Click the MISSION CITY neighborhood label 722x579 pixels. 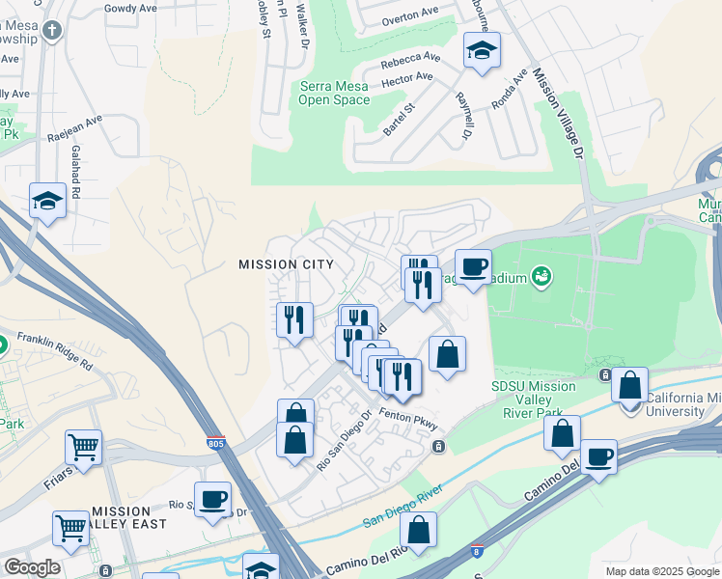[x=286, y=264]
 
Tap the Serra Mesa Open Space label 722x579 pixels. [x=334, y=93]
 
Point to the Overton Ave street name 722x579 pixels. [x=409, y=15]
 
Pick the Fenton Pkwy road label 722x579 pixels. [x=408, y=418]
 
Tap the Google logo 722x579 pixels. [x=32, y=567]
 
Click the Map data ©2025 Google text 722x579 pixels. [x=661, y=571]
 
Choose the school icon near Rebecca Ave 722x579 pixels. [x=481, y=50]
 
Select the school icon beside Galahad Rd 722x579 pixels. [x=46, y=201]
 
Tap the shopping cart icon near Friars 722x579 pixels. [x=84, y=447]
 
